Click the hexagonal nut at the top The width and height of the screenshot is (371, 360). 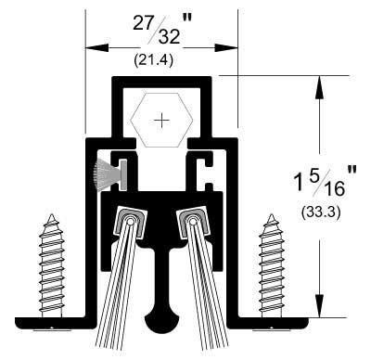pyautogui.click(x=163, y=119)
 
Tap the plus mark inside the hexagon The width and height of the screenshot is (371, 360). pyautogui.click(x=163, y=119)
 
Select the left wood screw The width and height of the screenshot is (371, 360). pyautogui.click(x=51, y=269)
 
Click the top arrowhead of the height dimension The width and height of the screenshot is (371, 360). pyautogui.click(x=320, y=84)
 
